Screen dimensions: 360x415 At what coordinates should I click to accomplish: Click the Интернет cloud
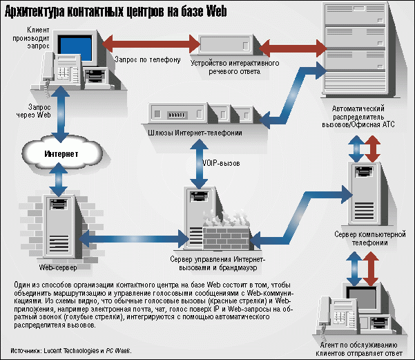tap(57, 153)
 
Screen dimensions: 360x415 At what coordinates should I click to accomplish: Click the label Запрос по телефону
tap(146, 60)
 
